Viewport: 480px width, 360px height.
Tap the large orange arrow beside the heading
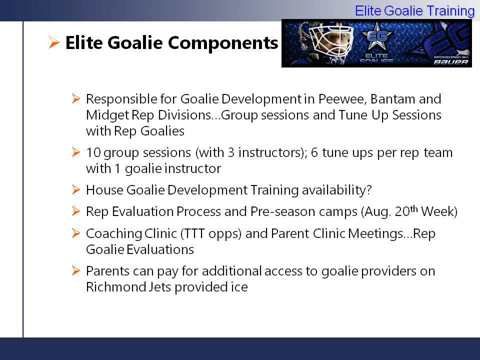(x=54, y=42)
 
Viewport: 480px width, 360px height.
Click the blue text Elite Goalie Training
(x=415, y=11)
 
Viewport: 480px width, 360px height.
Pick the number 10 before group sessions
(x=93, y=152)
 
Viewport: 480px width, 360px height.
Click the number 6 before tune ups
(x=314, y=152)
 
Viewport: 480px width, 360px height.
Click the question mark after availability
(x=368, y=190)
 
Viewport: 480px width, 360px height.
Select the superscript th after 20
(x=414, y=209)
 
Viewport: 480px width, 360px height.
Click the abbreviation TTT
(x=194, y=233)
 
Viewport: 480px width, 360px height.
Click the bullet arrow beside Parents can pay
(x=76, y=270)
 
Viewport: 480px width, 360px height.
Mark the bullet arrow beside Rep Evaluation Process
(x=76, y=211)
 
